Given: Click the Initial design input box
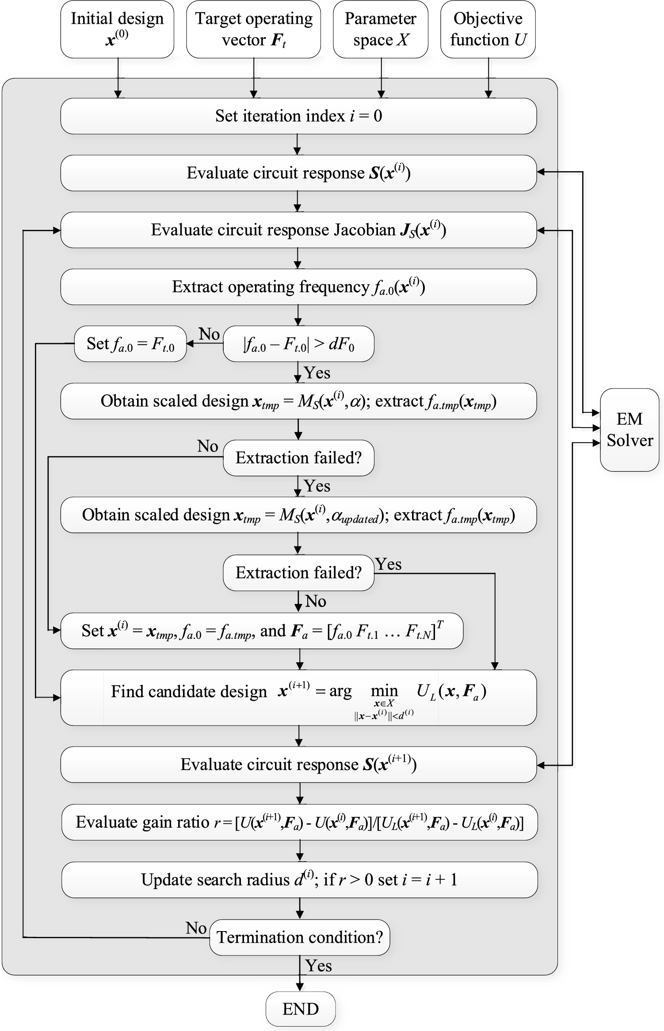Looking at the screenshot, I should pyautogui.click(x=117, y=29).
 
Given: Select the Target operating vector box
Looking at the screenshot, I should pyautogui.click(x=253, y=29).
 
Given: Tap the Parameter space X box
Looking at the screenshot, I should pyautogui.click(x=380, y=29).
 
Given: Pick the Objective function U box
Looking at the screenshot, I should pyautogui.click(x=488, y=29).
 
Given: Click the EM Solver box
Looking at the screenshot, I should pyautogui.click(x=629, y=429).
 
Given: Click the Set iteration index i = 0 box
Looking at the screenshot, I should pyautogui.click(x=298, y=116).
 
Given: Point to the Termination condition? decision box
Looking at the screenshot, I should pyautogui.click(x=299, y=937).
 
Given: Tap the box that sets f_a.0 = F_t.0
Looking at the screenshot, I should pyautogui.click(x=130, y=344).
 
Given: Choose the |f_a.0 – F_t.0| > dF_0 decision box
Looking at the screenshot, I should pyautogui.click(x=298, y=344).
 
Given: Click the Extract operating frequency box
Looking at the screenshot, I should pyautogui.click(x=298, y=286).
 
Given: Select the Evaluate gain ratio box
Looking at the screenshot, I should pyautogui.click(x=299, y=822).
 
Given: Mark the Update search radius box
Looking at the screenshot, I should pyautogui.click(x=299, y=879).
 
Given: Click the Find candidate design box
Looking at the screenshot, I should pyautogui.click(x=298, y=697).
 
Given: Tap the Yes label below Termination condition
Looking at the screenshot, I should pyautogui.click(x=318, y=966).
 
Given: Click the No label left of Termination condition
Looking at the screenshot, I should pyautogui.click(x=196, y=928).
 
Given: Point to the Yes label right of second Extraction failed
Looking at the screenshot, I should pyautogui.click(x=388, y=564).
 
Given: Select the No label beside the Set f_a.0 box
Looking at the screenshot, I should pyautogui.click(x=209, y=334).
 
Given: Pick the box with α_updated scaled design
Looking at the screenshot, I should pyautogui.click(x=298, y=515).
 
